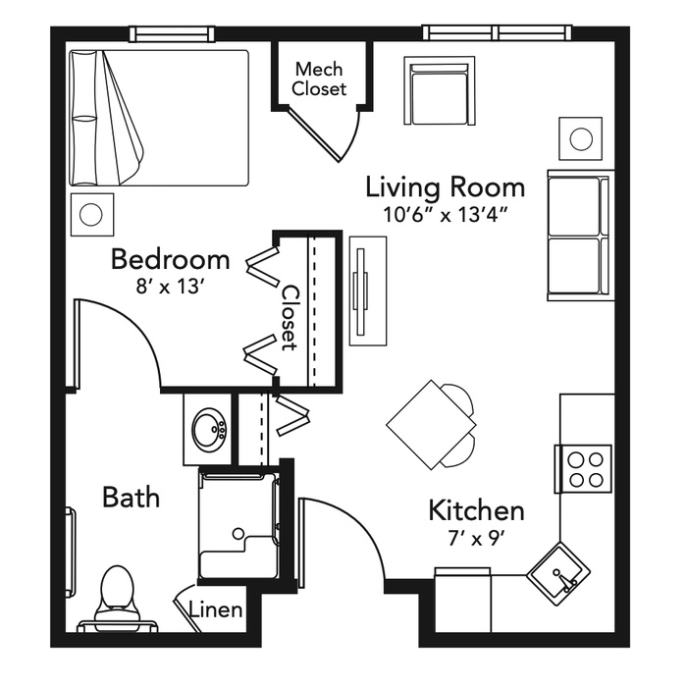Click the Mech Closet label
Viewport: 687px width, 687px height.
tap(319, 79)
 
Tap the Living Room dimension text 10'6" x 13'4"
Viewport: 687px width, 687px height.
tap(446, 215)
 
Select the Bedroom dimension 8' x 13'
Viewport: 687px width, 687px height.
tap(171, 287)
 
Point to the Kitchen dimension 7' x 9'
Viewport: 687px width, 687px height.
tap(476, 539)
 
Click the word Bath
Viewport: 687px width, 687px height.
tap(131, 498)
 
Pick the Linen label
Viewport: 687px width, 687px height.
tap(216, 609)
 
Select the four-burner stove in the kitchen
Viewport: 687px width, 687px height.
tap(584, 469)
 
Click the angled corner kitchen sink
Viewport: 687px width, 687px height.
tap(558, 573)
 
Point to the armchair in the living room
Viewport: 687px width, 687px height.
tap(440, 90)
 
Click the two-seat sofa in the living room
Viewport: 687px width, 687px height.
tap(578, 236)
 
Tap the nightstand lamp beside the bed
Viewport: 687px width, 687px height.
tap(90, 215)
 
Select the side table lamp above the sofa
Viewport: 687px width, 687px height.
tap(581, 139)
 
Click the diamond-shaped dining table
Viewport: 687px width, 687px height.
tap(431, 425)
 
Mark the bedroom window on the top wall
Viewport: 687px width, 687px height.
tap(172, 33)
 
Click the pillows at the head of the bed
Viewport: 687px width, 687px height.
tap(84, 118)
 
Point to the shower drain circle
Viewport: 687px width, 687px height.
tap(238, 533)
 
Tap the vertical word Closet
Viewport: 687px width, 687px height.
tap(289, 318)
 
